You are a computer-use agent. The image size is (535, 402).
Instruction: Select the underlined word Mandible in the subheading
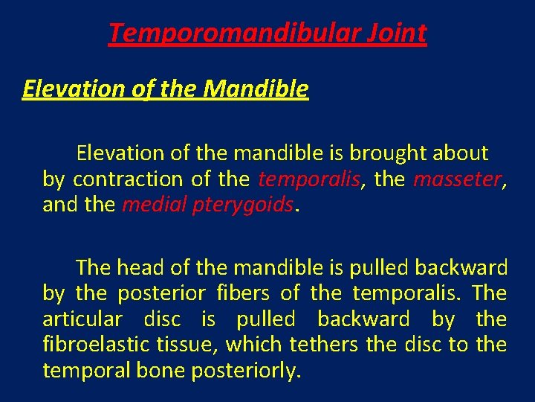coord(256,89)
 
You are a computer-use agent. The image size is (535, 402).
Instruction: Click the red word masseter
coord(457,179)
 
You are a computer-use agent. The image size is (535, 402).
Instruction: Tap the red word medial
coord(149,205)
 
